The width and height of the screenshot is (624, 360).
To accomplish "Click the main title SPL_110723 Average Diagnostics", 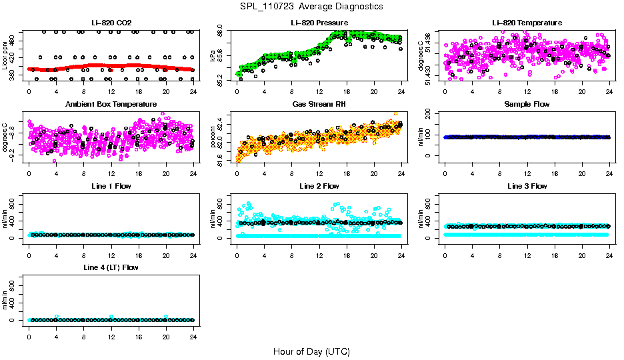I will coord(312,6).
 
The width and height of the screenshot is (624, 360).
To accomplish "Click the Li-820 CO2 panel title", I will coord(111,23).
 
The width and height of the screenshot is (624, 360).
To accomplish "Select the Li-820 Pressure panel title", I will coord(319,23).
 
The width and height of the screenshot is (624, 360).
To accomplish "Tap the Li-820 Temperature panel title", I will coord(527,23).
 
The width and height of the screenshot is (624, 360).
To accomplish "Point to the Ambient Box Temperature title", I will coord(111,105).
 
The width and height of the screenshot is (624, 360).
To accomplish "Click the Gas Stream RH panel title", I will coord(319,105).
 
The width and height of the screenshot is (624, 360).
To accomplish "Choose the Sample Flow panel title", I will coord(527,105).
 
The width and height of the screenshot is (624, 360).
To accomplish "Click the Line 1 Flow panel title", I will coord(111,186).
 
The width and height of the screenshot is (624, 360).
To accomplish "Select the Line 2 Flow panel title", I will coord(319,186).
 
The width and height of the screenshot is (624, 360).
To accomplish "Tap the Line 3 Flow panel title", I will coord(527,186).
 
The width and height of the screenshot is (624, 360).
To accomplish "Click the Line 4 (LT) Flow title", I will coord(111,267).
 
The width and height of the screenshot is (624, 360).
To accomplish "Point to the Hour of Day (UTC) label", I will coord(311,351).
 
